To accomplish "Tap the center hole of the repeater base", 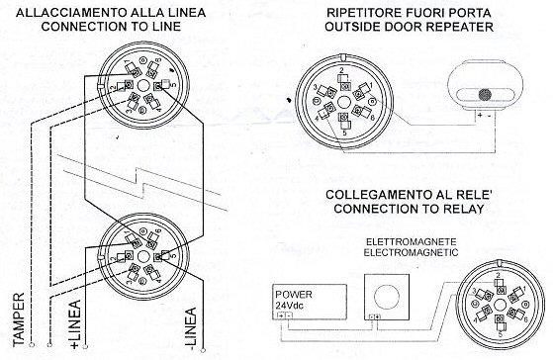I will [x=340, y=100].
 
